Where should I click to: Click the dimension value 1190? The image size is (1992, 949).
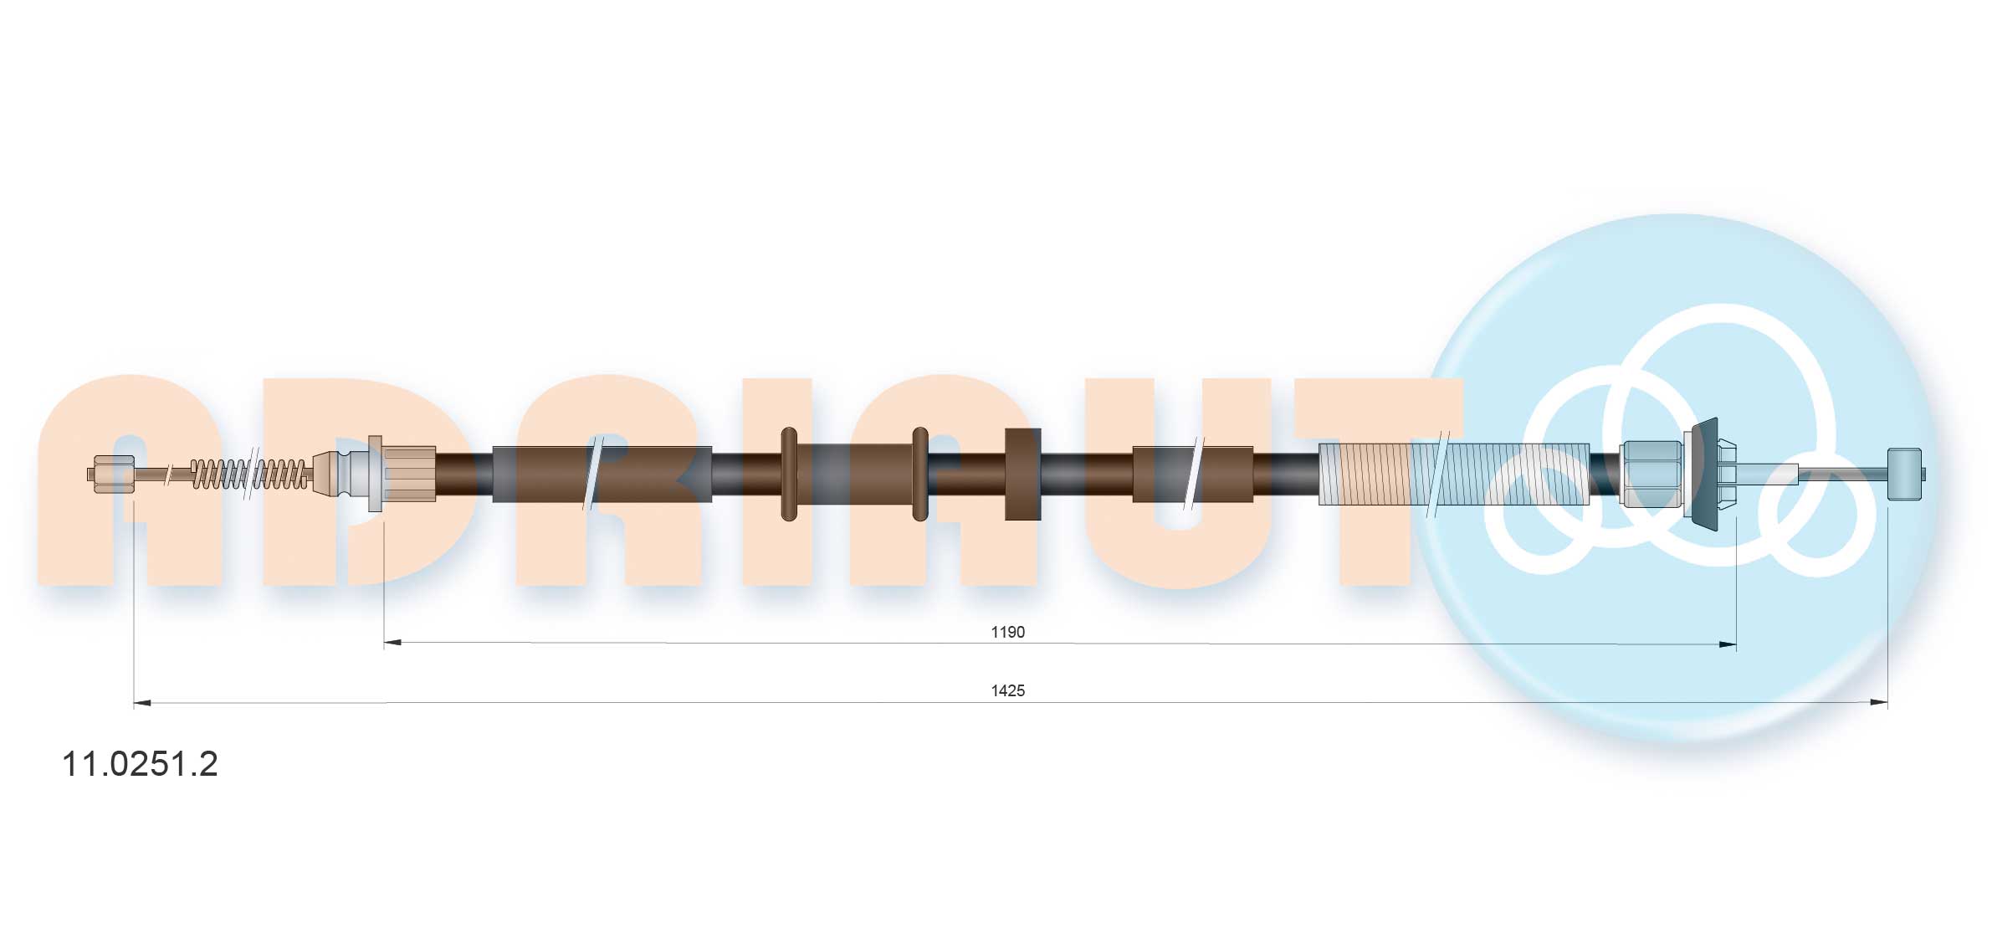point(1007,632)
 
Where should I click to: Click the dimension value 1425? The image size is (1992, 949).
point(1007,690)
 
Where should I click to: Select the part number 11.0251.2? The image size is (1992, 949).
point(140,763)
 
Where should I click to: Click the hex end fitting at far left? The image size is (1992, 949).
point(113,474)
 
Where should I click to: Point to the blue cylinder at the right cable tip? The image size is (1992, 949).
point(1905,474)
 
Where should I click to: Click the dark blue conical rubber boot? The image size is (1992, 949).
point(1704,474)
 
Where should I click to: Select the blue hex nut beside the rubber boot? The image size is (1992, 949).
point(1651,474)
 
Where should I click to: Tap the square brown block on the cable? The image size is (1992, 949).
point(1022,474)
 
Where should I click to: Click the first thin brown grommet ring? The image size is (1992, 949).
point(789,474)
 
